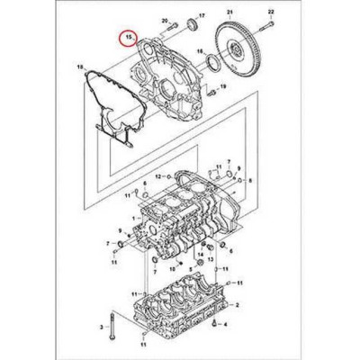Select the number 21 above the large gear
(x=229, y=11)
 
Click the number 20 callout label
(x=165, y=19)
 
